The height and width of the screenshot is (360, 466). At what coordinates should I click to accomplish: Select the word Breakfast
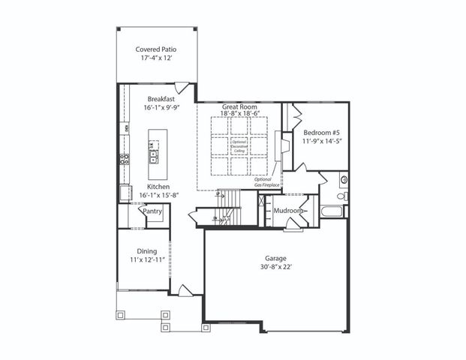(161, 99)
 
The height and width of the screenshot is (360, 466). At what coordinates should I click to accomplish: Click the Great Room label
(239, 107)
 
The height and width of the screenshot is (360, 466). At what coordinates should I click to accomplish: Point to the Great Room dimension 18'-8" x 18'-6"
(239, 115)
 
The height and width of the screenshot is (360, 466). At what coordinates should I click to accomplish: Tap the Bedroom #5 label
(320, 132)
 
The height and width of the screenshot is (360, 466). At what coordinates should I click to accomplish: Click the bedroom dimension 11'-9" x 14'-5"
(320, 140)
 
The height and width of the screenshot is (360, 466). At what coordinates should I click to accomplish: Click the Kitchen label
(158, 186)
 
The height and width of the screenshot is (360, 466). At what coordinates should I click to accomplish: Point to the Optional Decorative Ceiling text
(239, 146)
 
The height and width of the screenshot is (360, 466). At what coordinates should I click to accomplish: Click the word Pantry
(153, 212)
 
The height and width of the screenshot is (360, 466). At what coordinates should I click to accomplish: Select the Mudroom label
(288, 211)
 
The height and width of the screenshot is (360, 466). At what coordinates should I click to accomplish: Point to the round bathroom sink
(344, 180)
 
